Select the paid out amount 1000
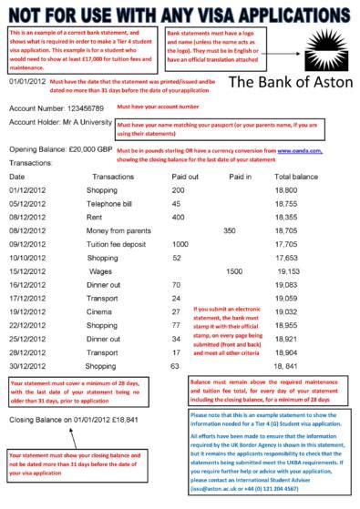180,245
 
